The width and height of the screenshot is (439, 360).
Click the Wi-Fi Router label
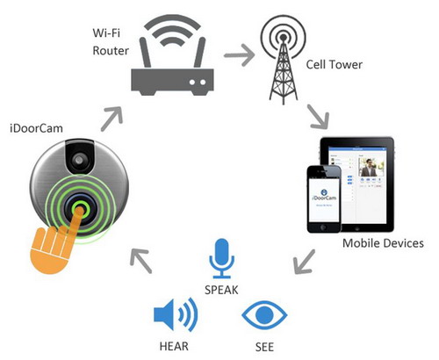tap(111, 41)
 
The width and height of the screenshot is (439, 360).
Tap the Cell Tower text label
tap(335, 64)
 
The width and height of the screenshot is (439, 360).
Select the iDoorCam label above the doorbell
tap(36, 128)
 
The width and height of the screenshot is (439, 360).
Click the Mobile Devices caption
tap(383, 243)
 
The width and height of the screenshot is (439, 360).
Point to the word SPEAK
tap(221, 290)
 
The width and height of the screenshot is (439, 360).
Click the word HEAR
tap(174, 346)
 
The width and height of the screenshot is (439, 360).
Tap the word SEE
tap(264, 347)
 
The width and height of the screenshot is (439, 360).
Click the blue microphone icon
tap(221, 258)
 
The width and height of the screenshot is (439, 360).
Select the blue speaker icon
tap(176, 315)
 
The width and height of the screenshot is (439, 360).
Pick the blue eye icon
tap(264, 315)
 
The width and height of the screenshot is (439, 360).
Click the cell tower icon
tap(283, 60)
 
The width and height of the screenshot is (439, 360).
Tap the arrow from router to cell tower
tap(240, 54)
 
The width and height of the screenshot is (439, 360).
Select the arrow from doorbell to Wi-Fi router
tap(112, 119)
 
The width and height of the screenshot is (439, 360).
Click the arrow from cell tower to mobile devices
tap(319, 117)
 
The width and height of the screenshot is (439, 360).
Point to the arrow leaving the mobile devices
tap(305, 262)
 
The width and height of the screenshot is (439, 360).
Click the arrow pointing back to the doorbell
tap(140, 261)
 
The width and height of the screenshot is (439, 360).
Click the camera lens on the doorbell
tap(79, 160)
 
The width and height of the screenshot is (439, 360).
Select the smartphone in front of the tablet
tap(324, 198)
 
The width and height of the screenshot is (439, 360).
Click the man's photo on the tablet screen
tap(371, 167)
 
